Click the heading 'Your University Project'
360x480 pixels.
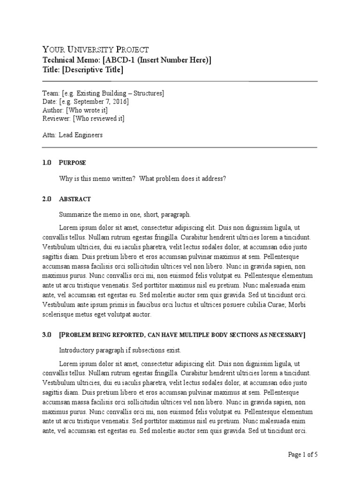[x=96, y=50]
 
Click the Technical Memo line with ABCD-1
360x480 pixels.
[x=127, y=60]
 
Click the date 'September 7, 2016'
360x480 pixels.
[x=97, y=102]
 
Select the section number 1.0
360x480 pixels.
[x=46, y=163]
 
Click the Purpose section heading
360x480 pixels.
[x=72, y=163]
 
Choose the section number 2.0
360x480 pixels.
[x=46, y=199]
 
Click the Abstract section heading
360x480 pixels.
[x=75, y=199]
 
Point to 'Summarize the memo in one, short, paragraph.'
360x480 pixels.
[x=125, y=215]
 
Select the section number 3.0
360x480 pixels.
[x=46, y=335]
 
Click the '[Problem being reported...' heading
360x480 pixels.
[x=182, y=335]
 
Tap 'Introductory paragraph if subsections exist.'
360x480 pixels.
[x=120, y=350]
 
